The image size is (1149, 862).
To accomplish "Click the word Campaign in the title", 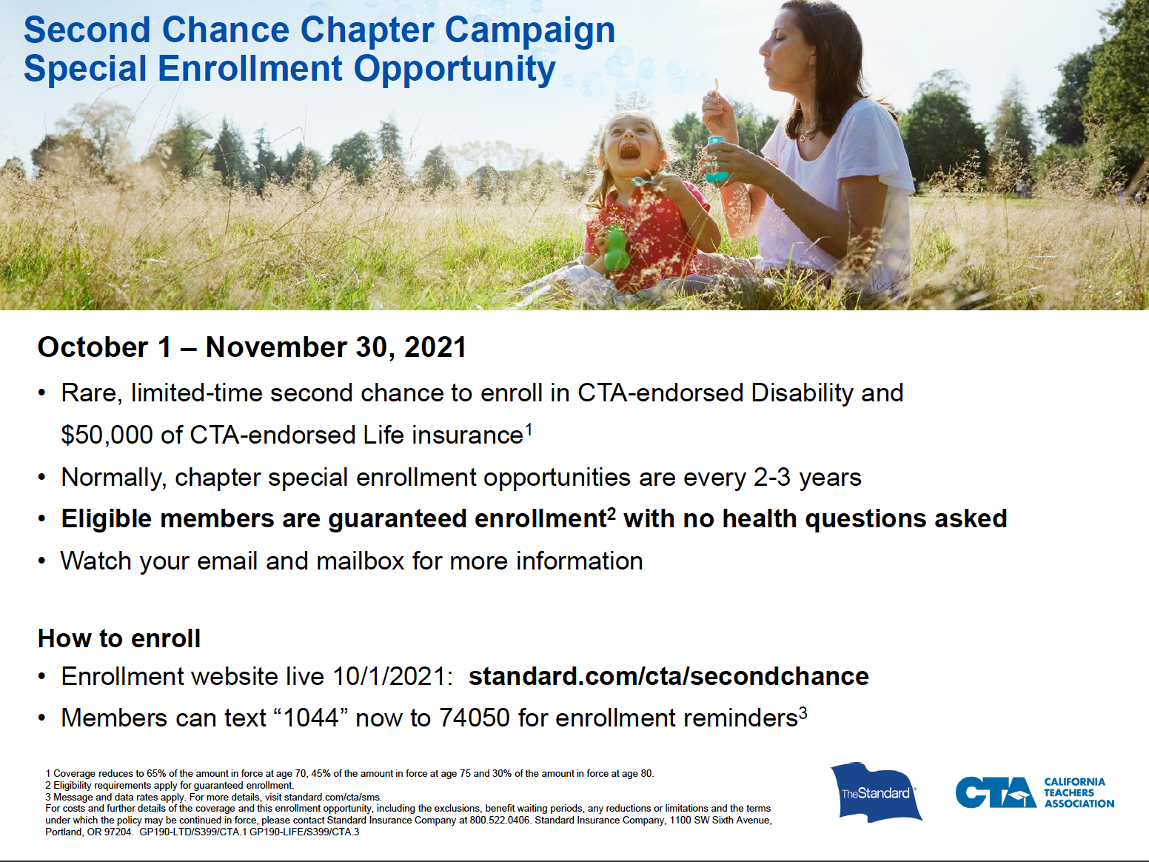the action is (530, 31).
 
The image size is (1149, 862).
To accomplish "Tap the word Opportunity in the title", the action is (455, 70).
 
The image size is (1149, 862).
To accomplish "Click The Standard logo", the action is (877, 792).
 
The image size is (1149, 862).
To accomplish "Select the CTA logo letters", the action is (995, 792).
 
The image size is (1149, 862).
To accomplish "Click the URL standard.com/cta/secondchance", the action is (669, 676).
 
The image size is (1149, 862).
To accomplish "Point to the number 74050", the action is (475, 718).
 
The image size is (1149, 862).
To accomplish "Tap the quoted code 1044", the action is (311, 718).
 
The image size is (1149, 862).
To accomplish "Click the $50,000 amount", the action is (107, 435).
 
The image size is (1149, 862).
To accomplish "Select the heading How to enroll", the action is (119, 638).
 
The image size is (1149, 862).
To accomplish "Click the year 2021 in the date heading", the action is (435, 347).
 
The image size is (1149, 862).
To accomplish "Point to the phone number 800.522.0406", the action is (500, 820).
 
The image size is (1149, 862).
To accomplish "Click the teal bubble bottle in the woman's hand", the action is (716, 159).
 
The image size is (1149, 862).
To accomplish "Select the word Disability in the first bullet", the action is (802, 393).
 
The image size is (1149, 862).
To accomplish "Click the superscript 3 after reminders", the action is (803, 712).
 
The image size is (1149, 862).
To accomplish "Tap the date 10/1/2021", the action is (392, 676).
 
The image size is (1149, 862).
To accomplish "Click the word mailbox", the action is (360, 561).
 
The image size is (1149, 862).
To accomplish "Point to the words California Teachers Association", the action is (1079, 792).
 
